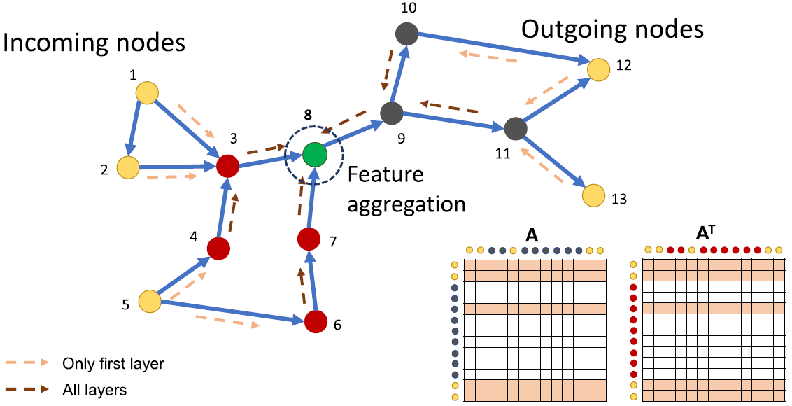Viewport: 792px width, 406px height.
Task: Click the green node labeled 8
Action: point(314,154)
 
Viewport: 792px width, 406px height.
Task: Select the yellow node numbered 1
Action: point(147,92)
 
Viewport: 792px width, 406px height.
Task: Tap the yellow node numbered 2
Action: point(127,168)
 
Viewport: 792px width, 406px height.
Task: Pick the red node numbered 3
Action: point(227,166)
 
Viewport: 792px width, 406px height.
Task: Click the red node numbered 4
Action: point(218,247)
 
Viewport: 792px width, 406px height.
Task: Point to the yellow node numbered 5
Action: point(149,302)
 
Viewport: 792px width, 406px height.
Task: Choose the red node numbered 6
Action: point(316,321)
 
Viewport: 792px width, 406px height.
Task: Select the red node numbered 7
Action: point(309,239)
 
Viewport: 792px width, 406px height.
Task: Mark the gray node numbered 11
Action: point(515,129)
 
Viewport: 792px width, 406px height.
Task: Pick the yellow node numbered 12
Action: point(598,69)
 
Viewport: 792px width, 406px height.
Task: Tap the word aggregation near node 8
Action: point(406,204)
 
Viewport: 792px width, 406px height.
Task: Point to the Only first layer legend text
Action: point(113,363)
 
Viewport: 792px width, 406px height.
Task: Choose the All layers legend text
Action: point(94,389)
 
